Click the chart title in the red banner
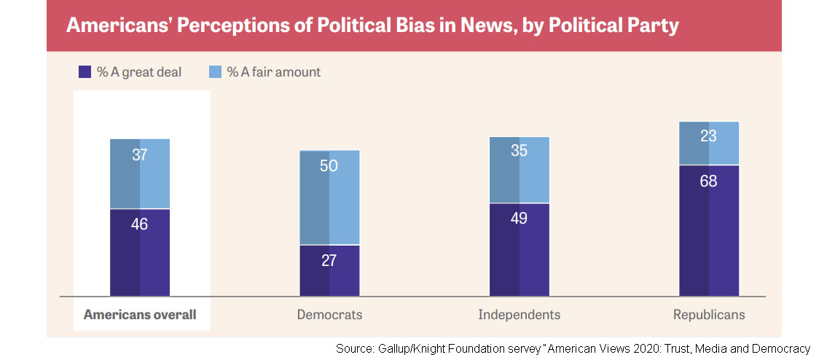(x=372, y=26)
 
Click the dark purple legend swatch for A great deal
(x=85, y=72)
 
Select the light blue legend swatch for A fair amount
(x=215, y=72)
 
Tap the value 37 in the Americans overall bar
(x=140, y=154)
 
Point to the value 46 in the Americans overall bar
(x=140, y=224)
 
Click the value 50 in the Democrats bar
(x=329, y=165)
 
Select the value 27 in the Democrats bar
(x=329, y=260)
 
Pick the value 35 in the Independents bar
(x=520, y=152)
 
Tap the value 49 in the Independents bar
(x=520, y=219)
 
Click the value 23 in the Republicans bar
(x=709, y=136)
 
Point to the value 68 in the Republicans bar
(x=709, y=181)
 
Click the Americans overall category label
(x=140, y=315)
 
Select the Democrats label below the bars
(x=329, y=315)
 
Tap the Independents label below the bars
(x=520, y=315)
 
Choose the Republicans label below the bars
(x=709, y=315)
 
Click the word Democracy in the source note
(x=781, y=349)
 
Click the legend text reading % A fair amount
(x=273, y=72)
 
